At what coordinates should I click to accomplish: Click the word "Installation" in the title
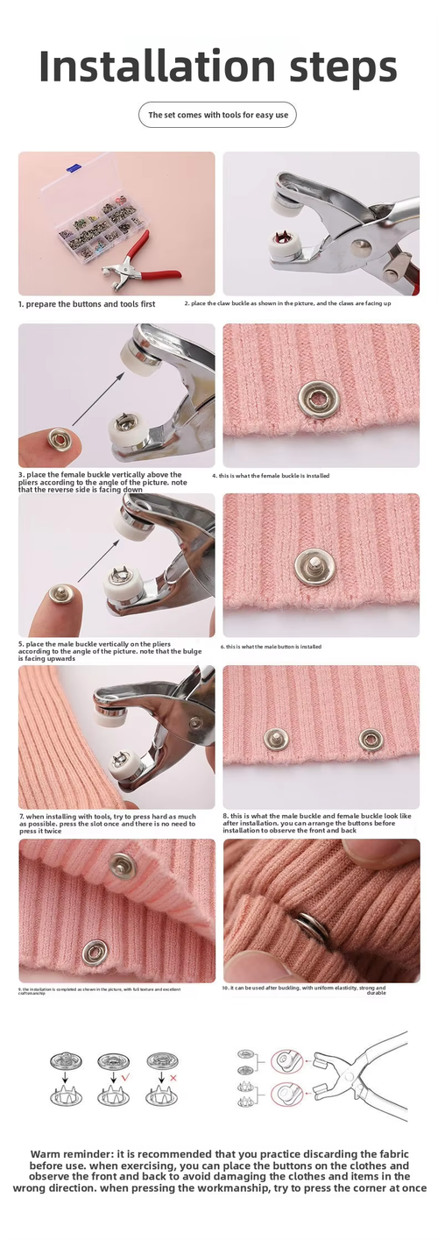pos(145,67)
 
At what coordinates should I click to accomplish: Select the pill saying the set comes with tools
pos(217,115)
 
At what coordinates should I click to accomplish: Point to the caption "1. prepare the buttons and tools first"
pos(87,304)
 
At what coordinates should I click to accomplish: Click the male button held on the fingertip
pos(60,594)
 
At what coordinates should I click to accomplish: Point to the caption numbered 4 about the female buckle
pos(271,476)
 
